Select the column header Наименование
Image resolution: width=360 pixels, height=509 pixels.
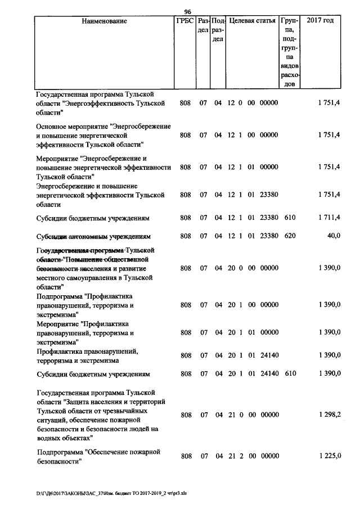click(104, 21)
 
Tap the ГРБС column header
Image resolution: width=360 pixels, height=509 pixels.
click(186, 21)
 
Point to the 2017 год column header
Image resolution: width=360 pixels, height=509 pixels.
click(319, 21)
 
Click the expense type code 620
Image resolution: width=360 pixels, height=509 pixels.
click(290, 236)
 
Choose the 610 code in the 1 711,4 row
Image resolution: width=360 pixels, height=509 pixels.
click(290, 218)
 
